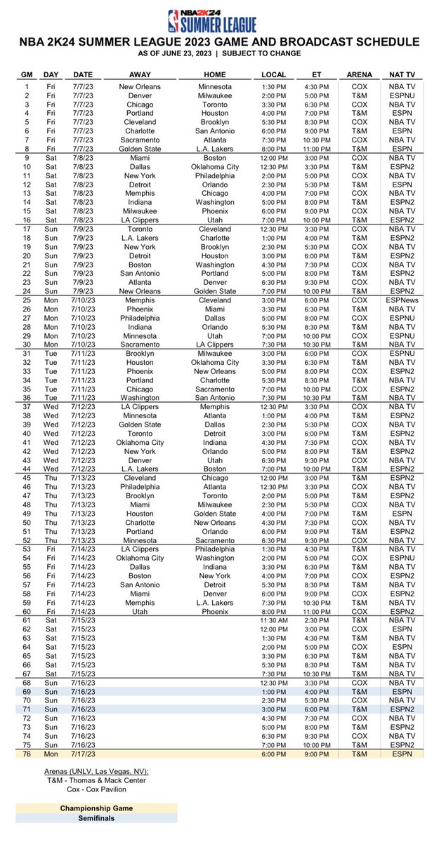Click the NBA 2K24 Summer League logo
(x=219, y=19)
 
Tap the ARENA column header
(x=354, y=74)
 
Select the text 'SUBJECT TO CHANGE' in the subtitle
(x=272, y=54)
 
